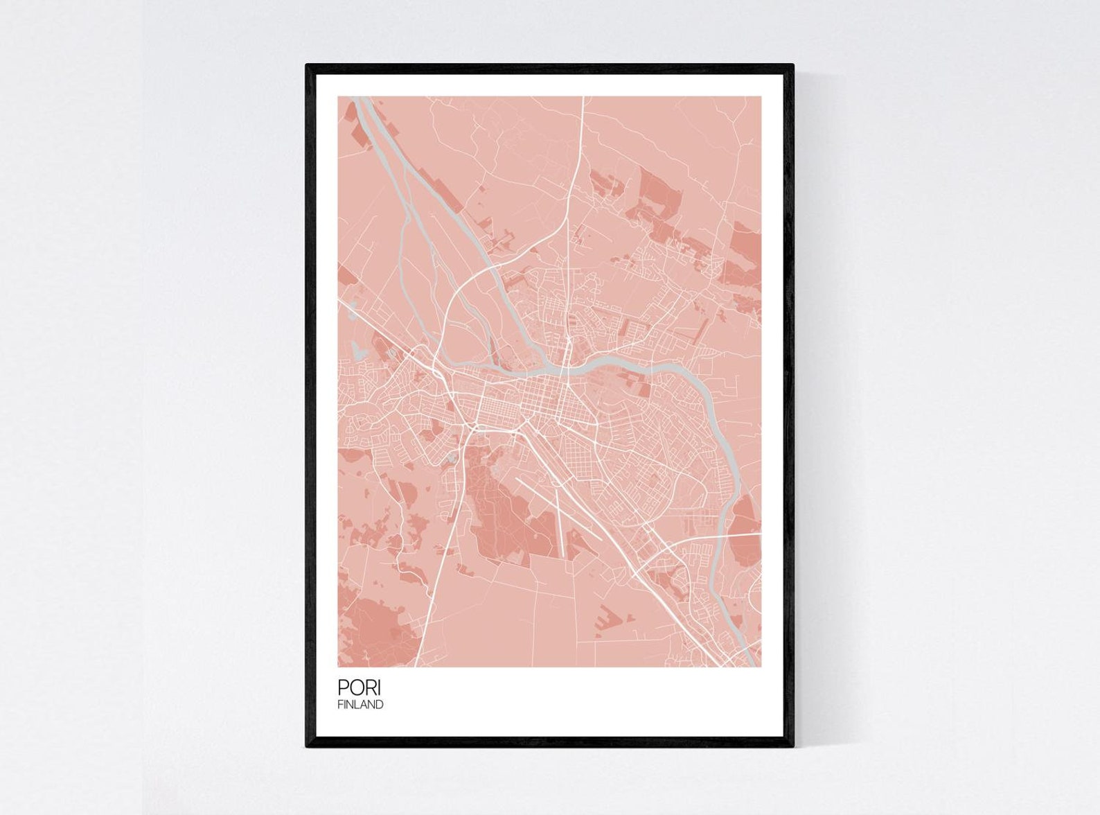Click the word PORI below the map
coord(359,687)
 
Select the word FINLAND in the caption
coord(360,705)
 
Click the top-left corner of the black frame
coord(308,66)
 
